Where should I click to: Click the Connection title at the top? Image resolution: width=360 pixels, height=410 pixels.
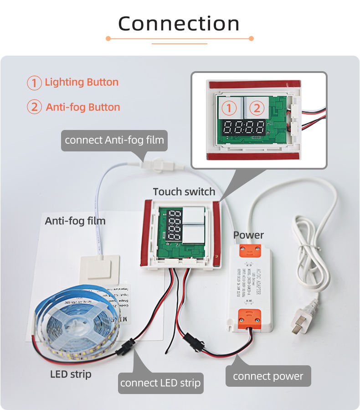click(x=179, y=24)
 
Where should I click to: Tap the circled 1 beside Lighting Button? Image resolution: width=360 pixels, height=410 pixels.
click(x=34, y=83)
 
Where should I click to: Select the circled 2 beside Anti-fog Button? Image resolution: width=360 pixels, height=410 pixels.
click(x=35, y=108)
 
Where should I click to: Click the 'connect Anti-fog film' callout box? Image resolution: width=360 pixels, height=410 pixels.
click(x=114, y=140)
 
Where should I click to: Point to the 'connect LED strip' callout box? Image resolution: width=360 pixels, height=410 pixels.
click(x=160, y=383)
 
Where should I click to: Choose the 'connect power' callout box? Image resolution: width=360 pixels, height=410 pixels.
click(x=268, y=376)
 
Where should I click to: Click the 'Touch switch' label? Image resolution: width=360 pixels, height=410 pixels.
click(x=184, y=192)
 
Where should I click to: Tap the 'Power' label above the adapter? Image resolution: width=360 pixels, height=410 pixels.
click(x=248, y=235)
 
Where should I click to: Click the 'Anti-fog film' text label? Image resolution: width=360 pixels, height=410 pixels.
click(x=75, y=221)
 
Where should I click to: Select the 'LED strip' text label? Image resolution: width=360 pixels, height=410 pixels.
click(x=71, y=374)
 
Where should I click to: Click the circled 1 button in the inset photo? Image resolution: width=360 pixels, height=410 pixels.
click(x=230, y=108)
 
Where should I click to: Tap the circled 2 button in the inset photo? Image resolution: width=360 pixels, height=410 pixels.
click(x=257, y=108)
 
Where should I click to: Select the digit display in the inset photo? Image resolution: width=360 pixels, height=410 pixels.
click(x=243, y=128)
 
